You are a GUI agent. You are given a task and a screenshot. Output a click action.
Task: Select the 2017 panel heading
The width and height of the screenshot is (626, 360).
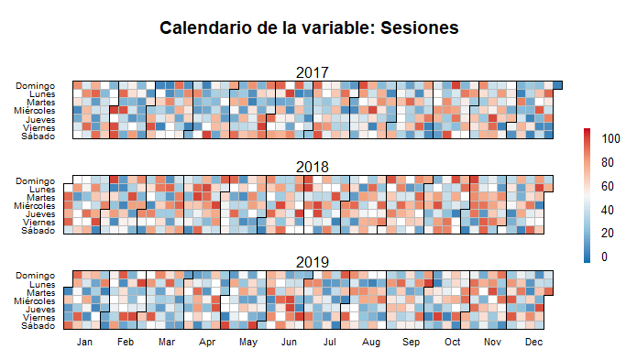pyautogui.click(x=313, y=72)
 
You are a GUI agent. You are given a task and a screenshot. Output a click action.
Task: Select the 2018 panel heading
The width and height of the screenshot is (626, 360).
pyautogui.click(x=313, y=167)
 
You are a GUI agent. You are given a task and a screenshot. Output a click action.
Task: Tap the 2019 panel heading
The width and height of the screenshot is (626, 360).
pyautogui.click(x=313, y=262)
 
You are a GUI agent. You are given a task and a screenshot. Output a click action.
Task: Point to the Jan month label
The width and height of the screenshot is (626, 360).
pyautogui.click(x=84, y=342)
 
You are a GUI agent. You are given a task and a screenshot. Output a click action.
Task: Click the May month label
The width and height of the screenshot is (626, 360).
pyautogui.click(x=247, y=342)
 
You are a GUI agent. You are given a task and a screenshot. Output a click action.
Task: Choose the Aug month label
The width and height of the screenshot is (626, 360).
pyautogui.click(x=371, y=342)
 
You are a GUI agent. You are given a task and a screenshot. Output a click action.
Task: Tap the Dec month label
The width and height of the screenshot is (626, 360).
pyautogui.click(x=534, y=342)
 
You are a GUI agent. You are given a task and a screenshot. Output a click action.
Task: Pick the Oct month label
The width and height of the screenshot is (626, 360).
pyautogui.click(x=453, y=342)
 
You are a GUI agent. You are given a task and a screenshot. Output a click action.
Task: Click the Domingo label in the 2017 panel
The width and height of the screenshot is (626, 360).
pyautogui.click(x=36, y=86)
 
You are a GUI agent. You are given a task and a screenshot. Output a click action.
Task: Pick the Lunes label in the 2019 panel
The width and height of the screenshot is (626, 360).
pyautogui.click(x=42, y=284)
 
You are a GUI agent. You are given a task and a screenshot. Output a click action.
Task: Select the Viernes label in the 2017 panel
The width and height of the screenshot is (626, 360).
pyautogui.click(x=38, y=128)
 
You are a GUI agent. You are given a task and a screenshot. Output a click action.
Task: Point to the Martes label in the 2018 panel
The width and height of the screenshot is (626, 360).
pyautogui.click(x=40, y=198)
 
